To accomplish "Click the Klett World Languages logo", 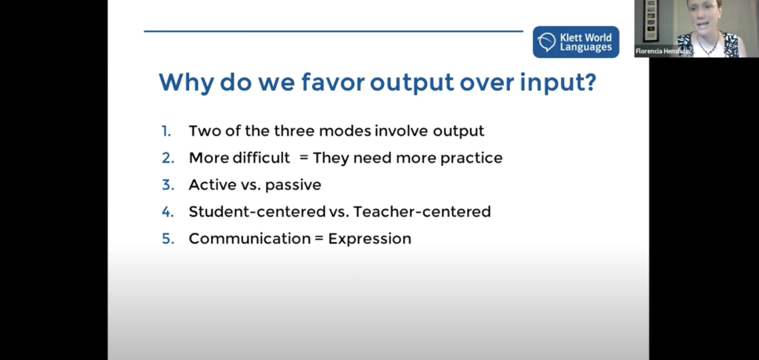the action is click(x=576, y=42).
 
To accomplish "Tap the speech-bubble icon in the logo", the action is click(x=547, y=42).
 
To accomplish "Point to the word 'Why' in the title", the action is click(x=186, y=83).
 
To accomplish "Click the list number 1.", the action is click(x=166, y=131).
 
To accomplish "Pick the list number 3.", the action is click(x=168, y=185).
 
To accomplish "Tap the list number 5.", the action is click(x=168, y=239).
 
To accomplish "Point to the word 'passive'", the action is click(x=294, y=185).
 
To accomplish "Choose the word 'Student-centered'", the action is click(x=257, y=211).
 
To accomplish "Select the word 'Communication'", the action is click(x=250, y=239).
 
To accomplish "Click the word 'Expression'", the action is click(x=370, y=239).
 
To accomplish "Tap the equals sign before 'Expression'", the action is click(x=319, y=239).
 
